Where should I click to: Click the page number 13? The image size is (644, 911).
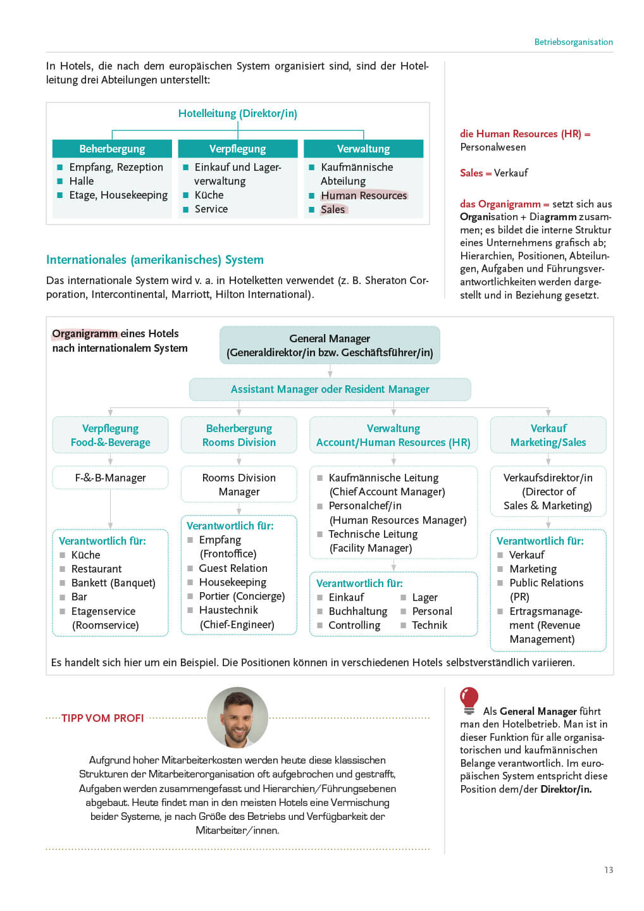point(608,870)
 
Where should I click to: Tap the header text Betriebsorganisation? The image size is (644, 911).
point(573,42)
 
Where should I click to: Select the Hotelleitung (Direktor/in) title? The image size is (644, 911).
point(237,113)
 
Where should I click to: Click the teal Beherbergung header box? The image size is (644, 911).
point(112,149)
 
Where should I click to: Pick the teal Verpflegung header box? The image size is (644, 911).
point(237,149)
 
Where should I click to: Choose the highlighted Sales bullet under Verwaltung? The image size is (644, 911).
point(333,209)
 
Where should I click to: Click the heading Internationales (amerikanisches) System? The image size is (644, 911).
point(155,259)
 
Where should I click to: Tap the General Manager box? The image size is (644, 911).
point(330,345)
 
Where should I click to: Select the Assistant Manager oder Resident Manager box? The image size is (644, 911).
point(330,389)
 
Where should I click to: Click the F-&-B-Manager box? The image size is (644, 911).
point(110,478)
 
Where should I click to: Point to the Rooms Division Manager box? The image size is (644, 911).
point(238,485)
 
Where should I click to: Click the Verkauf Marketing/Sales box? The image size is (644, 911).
point(548,435)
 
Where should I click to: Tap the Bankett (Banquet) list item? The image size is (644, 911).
point(113,583)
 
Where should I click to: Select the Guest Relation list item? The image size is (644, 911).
point(233,568)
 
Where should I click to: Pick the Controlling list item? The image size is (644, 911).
point(354,625)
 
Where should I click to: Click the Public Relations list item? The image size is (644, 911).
point(547,583)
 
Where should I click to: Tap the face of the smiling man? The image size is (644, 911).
point(238,719)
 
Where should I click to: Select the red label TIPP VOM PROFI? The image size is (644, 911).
point(102,718)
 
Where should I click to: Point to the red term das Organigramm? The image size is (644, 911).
point(500,204)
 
